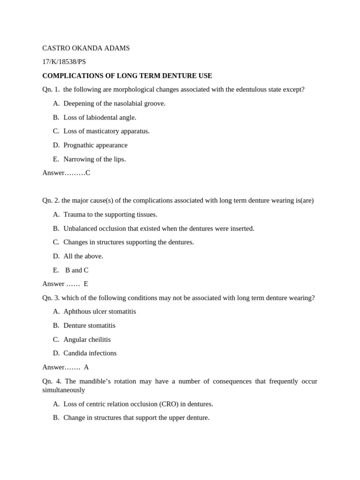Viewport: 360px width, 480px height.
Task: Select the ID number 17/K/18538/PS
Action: (64, 62)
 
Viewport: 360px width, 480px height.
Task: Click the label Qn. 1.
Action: (51, 90)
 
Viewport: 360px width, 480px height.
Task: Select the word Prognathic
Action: (80, 145)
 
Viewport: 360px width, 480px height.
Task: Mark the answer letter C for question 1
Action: (88, 173)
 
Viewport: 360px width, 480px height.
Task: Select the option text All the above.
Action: (83, 256)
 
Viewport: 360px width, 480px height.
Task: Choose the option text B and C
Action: (77, 270)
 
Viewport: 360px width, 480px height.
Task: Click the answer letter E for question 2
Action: (86, 284)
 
